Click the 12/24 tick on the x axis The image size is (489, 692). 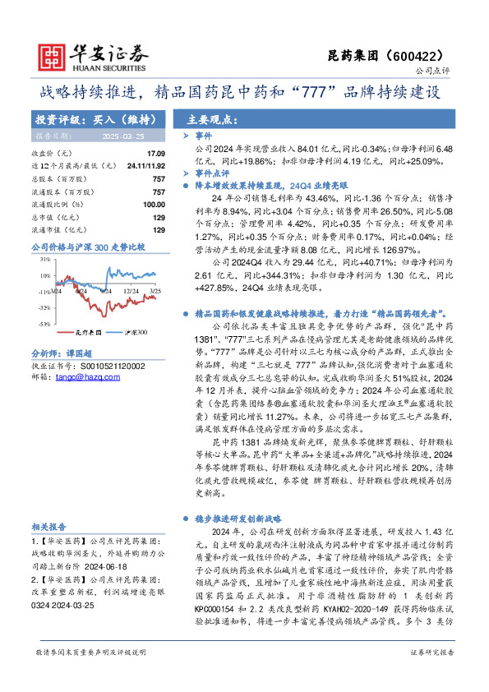[x=131, y=290]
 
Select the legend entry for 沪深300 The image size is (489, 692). [x=136, y=333]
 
